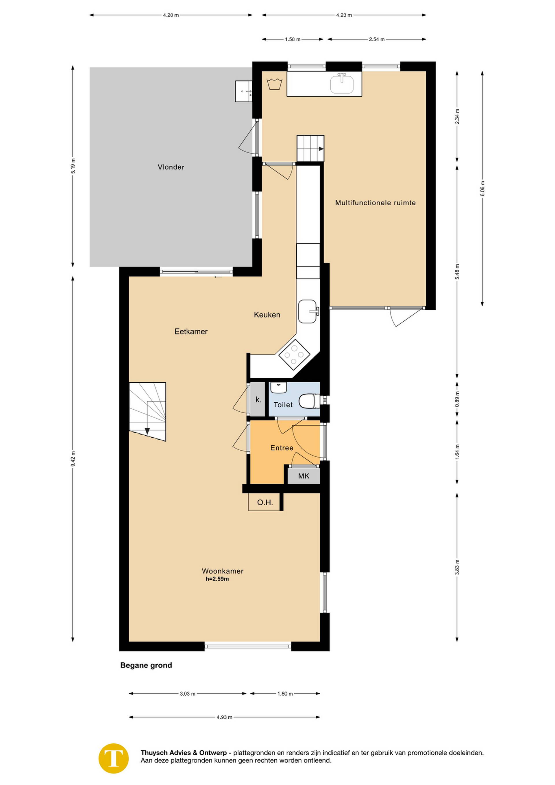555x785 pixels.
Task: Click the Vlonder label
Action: (171, 167)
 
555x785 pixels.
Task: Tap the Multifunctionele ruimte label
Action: (375, 203)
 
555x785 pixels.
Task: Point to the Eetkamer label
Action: (191, 331)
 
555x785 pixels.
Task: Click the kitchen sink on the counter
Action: (308, 312)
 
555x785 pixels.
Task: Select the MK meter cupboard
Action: (304, 476)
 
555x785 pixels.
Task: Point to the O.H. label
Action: (265, 503)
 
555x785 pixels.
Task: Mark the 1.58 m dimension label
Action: (293, 39)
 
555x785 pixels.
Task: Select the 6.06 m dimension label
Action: (482, 188)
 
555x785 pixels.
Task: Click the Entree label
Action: (282, 448)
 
